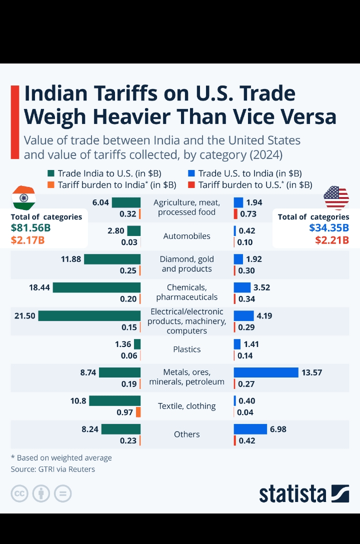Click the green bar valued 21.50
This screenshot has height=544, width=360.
[x=89, y=316]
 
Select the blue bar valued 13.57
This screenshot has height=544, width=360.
[x=265, y=372]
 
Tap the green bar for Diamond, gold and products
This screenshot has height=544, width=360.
[x=112, y=259]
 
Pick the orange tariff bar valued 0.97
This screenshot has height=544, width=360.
[x=138, y=412]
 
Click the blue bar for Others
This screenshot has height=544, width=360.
[x=250, y=429]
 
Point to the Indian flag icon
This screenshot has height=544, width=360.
[x=23, y=198]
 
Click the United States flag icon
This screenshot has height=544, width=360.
[x=336, y=198]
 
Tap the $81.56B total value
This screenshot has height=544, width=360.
[x=31, y=228]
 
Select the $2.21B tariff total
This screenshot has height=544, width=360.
[x=332, y=239]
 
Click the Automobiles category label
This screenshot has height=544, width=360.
[x=187, y=236]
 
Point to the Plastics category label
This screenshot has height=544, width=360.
[x=187, y=349]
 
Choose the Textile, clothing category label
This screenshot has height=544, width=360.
[x=187, y=406]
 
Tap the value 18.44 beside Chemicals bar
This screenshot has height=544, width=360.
[x=39, y=287]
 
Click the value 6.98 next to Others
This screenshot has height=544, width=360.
[x=278, y=429]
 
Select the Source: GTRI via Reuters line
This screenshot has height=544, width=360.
[x=53, y=469]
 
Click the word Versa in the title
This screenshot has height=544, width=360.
[x=302, y=116]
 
